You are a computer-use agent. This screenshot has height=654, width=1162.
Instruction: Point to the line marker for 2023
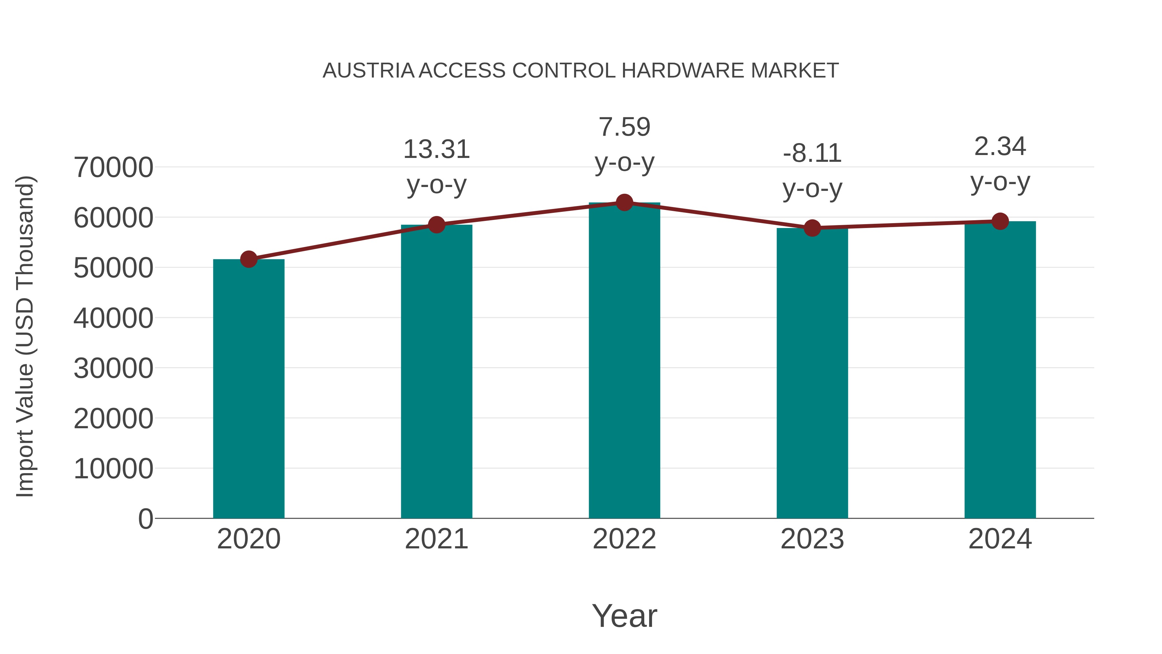[x=812, y=228]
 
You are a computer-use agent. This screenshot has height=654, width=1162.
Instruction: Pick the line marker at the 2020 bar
[x=249, y=259]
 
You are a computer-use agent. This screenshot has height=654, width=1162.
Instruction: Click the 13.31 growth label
[x=436, y=150]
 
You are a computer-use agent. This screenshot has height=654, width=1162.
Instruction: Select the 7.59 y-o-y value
[x=624, y=127]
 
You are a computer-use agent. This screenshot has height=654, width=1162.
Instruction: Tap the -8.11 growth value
[x=812, y=153]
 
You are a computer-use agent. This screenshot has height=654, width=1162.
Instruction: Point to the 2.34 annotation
[x=1000, y=147]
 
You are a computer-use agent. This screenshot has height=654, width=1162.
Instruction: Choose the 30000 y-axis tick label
[x=113, y=368]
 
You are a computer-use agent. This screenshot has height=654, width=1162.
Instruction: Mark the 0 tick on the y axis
[x=146, y=519]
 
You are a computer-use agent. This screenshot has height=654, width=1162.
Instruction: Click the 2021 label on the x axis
[x=436, y=539]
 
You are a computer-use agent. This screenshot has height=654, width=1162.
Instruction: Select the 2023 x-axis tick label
[x=812, y=539]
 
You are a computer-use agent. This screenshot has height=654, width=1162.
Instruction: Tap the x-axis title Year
[x=624, y=616]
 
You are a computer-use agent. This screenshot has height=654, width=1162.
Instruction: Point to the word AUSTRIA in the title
[x=368, y=71]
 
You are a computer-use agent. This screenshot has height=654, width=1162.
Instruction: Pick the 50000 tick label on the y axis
[x=113, y=268]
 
